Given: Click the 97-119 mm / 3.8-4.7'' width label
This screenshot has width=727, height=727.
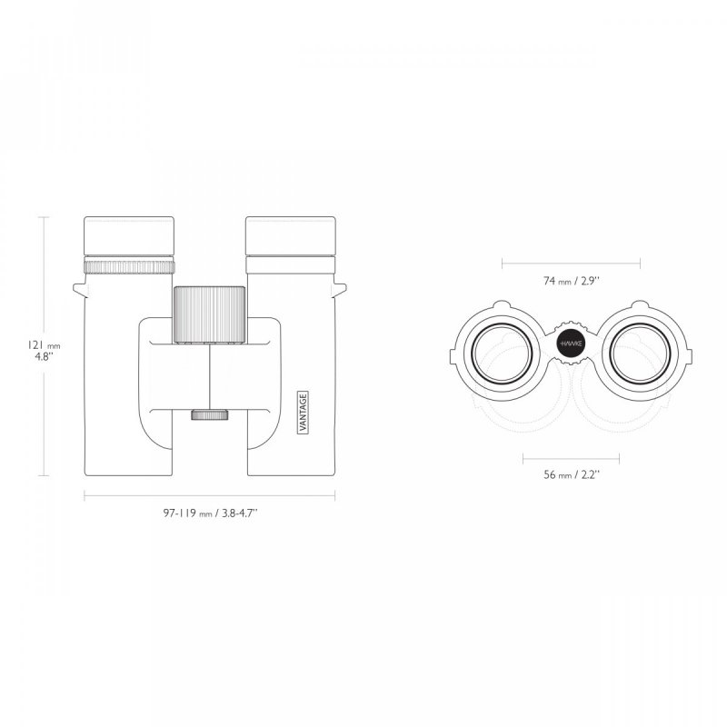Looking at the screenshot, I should (x=209, y=513).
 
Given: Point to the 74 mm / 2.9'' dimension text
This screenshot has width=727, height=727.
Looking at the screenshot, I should (x=572, y=282).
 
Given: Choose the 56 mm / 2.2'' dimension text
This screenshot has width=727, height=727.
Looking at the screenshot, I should (x=572, y=473).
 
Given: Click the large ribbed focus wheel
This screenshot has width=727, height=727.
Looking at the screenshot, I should (x=209, y=314).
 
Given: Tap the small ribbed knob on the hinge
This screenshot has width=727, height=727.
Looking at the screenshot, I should (x=209, y=415).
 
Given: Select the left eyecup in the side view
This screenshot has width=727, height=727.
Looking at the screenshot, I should (x=128, y=237).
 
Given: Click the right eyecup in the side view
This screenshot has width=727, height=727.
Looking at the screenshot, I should (x=290, y=237).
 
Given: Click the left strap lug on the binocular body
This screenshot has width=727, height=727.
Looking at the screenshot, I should (x=79, y=289).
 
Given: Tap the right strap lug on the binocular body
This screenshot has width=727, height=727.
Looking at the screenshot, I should (x=341, y=289).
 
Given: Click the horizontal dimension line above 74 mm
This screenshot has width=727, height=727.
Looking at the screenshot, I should (x=572, y=264).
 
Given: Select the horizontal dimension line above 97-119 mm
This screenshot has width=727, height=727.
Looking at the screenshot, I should (x=209, y=495).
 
